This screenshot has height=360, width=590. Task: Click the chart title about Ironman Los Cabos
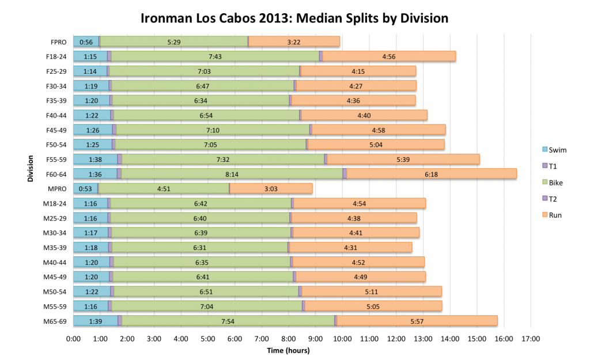(x=294, y=18)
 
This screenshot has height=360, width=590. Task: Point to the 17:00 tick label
(x=531, y=339)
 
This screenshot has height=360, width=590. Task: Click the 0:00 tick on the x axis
(x=73, y=339)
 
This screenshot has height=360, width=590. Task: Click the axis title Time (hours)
(x=288, y=350)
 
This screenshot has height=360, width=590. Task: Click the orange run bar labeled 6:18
(x=431, y=173)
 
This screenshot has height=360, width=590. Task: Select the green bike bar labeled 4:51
(x=164, y=188)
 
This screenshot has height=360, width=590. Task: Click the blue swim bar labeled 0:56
(x=86, y=41)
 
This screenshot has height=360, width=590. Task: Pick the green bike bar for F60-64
(x=232, y=173)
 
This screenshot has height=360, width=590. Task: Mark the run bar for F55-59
(x=403, y=159)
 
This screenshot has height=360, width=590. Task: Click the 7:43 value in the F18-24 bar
(x=215, y=56)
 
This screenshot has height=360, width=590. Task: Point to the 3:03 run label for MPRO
(x=270, y=188)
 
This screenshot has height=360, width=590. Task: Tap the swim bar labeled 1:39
(x=95, y=321)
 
